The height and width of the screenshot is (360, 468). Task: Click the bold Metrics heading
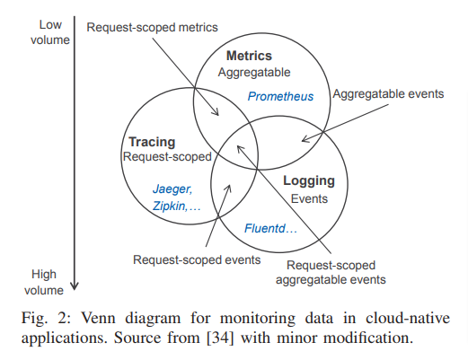[x=249, y=56]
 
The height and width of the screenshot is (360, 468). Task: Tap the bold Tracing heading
[x=152, y=142]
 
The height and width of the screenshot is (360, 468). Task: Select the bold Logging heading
[x=309, y=181]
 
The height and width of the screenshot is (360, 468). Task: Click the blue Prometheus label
[x=280, y=96]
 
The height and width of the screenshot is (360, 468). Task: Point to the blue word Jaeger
[x=172, y=189]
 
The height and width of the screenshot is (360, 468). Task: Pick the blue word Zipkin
[x=170, y=206]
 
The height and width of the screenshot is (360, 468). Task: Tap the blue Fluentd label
[x=265, y=228]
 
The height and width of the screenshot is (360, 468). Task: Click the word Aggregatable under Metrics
[x=254, y=73]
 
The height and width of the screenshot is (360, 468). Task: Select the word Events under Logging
[x=309, y=198]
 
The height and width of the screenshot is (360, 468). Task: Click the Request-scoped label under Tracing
[x=167, y=157]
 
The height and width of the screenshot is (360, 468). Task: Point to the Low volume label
[x=50, y=32]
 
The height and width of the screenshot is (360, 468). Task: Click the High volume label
[x=44, y=282]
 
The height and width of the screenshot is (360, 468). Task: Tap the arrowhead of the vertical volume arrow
[x=75, y=286]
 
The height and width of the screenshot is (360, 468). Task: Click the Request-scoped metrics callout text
[x=152, y=28]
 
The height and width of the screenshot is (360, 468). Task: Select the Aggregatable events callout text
[x=388, y=94]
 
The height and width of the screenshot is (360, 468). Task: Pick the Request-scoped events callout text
[x=197, y=259]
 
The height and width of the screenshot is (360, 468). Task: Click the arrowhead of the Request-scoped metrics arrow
[x=216, y=112]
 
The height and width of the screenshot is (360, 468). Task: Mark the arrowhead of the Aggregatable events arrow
[x=305, y=139]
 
